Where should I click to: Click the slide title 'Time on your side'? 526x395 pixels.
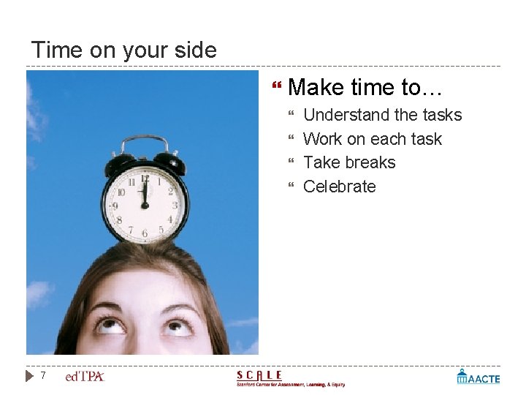[x=123, y=50]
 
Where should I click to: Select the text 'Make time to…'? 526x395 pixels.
[x=365, y=88]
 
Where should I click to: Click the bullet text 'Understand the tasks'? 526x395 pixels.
[x=382, y=115]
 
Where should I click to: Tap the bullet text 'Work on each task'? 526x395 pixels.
[x=372, y=139]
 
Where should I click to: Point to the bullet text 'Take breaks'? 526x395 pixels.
[x=348, y=162]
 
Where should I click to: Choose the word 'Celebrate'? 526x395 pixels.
[x=339, y=187]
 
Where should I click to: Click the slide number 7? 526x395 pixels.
[x=43, y=376]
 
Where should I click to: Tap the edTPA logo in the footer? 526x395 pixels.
[x=85, y=377]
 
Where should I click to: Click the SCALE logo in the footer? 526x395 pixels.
[x=289, y=378]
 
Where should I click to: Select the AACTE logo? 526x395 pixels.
[x=479, y=377]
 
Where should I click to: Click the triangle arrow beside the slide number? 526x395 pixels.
[x=29, y=376]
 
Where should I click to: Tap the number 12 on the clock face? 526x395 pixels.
[x=145, y=178]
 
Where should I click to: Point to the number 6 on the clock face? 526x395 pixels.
[x=145, y=233]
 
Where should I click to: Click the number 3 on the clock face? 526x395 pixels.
[x=173, y=206]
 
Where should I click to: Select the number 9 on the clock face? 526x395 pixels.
[x=115, y=206]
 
